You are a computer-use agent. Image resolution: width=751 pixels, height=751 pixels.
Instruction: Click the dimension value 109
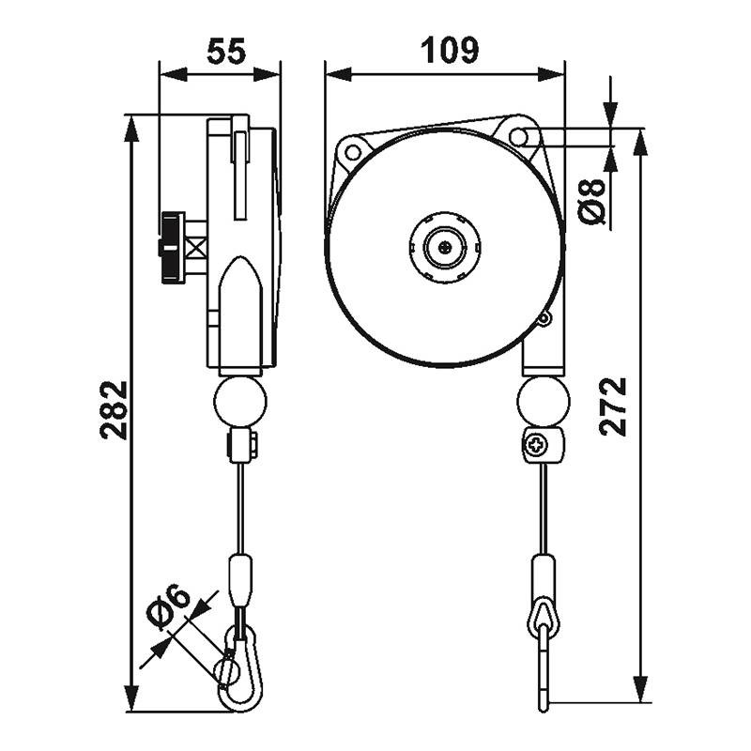[447, 50]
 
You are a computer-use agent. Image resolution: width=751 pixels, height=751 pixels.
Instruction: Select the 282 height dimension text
[114, 410]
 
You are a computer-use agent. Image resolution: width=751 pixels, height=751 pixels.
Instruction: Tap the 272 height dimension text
[613, 406]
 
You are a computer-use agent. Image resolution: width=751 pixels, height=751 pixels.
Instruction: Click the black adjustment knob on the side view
[171, 247]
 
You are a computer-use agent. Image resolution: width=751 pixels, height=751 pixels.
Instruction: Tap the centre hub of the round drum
[445, 247]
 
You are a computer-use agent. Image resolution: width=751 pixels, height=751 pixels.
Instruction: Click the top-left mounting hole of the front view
[353, 149]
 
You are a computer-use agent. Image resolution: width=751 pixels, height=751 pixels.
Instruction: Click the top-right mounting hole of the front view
[518, 135]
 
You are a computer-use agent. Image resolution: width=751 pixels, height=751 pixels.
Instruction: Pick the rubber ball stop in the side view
[240, 400]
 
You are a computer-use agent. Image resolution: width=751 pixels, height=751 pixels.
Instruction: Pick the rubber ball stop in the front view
[543, 400]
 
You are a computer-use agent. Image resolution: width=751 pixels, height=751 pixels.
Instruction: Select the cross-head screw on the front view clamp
[537, 445]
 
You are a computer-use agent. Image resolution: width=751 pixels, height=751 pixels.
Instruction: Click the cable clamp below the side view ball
[242, 445]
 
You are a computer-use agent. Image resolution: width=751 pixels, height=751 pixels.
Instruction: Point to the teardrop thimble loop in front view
[544, 616]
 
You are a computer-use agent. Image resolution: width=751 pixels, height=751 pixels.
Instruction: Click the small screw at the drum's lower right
[543, 319]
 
